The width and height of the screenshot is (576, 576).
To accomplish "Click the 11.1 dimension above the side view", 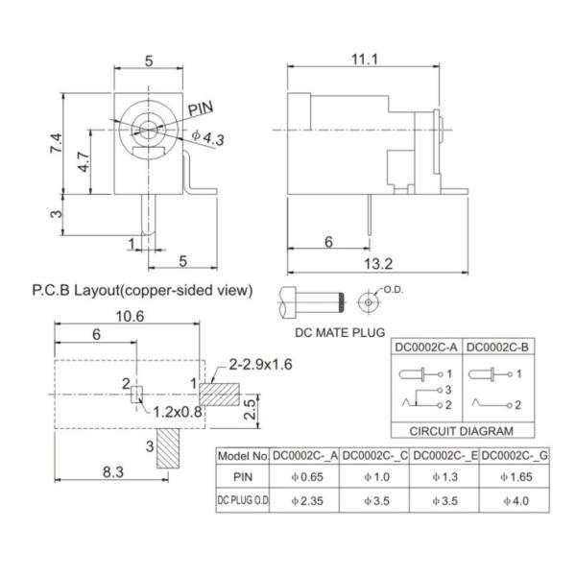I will point(363,60).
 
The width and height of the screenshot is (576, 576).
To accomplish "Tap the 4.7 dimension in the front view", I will point(84,163).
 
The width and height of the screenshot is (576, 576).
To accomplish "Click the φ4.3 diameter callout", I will point(207,138).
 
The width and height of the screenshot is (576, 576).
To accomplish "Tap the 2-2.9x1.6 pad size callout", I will point(261,365).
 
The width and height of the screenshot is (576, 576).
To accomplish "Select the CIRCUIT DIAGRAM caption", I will point(462,431).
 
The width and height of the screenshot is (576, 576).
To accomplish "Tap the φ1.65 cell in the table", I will point(515,476).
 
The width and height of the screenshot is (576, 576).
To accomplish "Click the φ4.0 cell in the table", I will point(515,500).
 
